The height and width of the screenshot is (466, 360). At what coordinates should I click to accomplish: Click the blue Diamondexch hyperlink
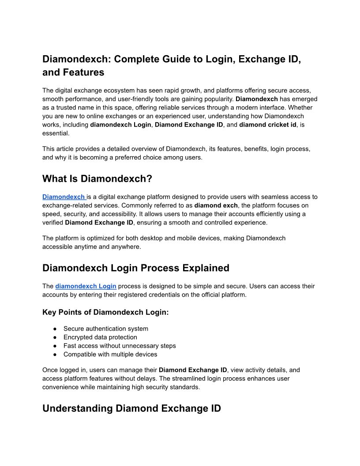[64, 197]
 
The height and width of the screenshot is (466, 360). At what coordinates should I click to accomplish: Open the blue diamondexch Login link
[86, 286]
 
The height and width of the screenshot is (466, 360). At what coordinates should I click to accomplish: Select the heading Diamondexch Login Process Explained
[136, 268]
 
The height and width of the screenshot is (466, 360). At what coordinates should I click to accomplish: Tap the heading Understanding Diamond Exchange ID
[131, 408]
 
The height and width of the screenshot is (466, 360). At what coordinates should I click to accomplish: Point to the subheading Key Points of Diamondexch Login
[105, 312]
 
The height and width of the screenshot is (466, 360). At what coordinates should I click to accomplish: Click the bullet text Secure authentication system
[106, 328]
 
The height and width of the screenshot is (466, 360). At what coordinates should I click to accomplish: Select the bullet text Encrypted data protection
[100, 337]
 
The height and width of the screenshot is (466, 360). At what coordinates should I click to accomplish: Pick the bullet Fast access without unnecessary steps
[120, 346]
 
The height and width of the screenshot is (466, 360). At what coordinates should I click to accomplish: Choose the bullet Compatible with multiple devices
[110, 354]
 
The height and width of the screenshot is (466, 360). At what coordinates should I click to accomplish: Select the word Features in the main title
[83, 72]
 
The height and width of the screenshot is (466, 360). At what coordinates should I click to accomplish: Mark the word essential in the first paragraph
[56, 133]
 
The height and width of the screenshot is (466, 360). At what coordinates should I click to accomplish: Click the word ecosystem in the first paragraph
[124, 90]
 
